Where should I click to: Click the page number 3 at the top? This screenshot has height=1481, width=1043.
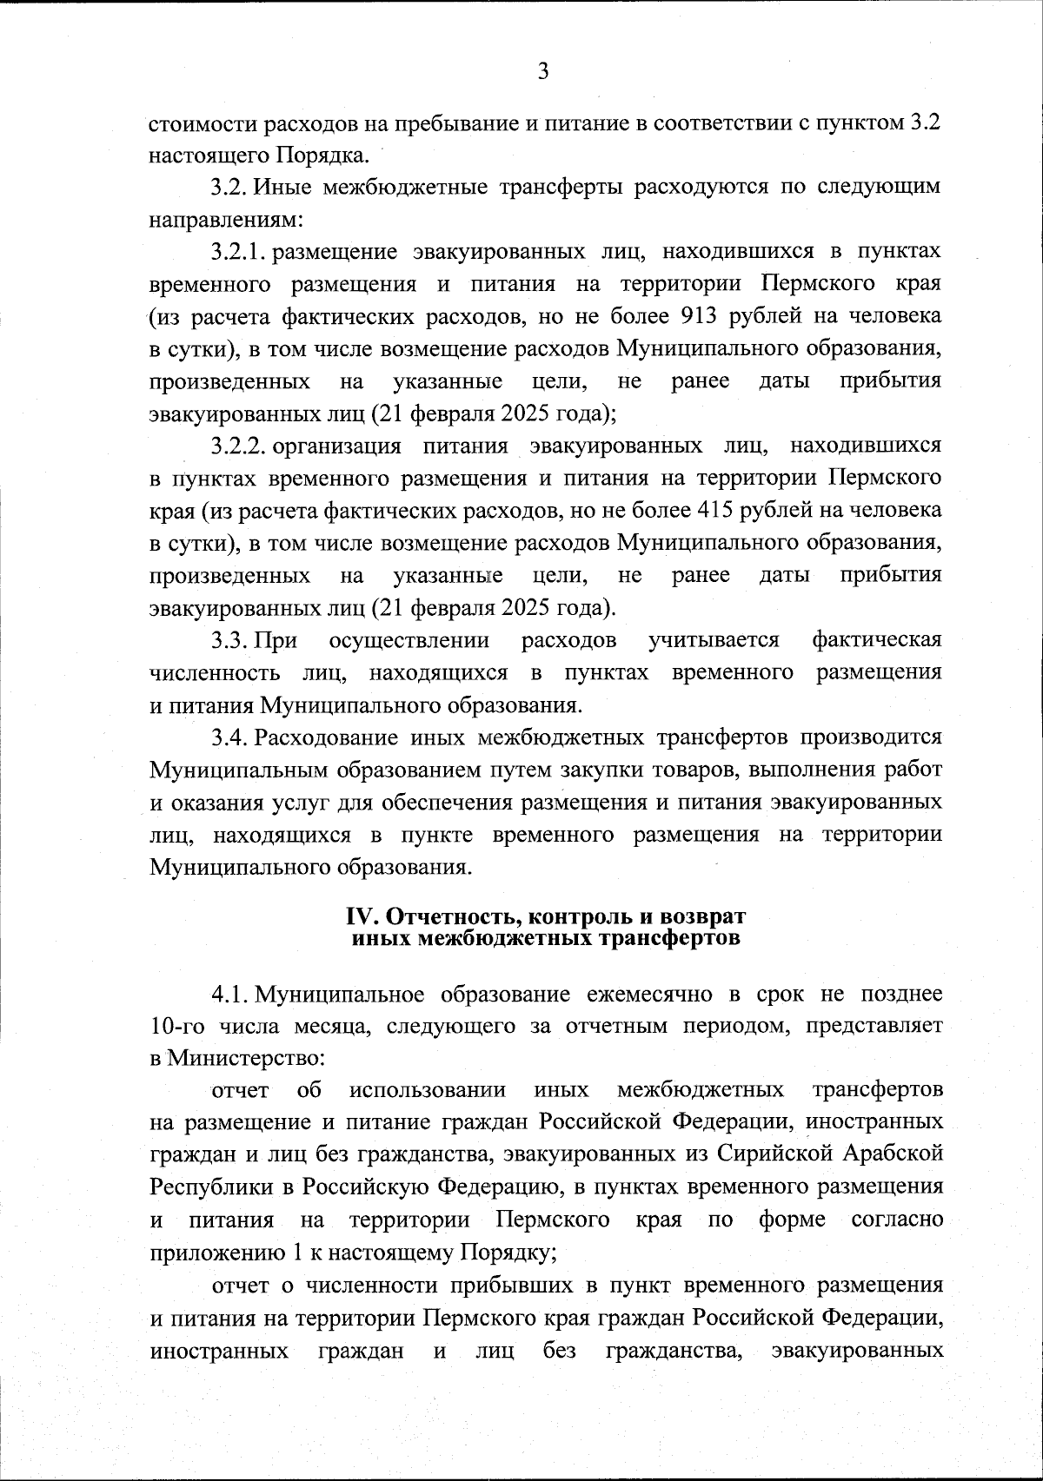[x=543, y=72]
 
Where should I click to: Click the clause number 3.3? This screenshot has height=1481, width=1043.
[x=230, y=640]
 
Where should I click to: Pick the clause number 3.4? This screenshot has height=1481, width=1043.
[x=230, y=737]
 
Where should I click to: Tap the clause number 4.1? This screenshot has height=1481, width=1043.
[x=230, y=994]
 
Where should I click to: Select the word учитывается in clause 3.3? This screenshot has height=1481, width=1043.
[x=714, y=640]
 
